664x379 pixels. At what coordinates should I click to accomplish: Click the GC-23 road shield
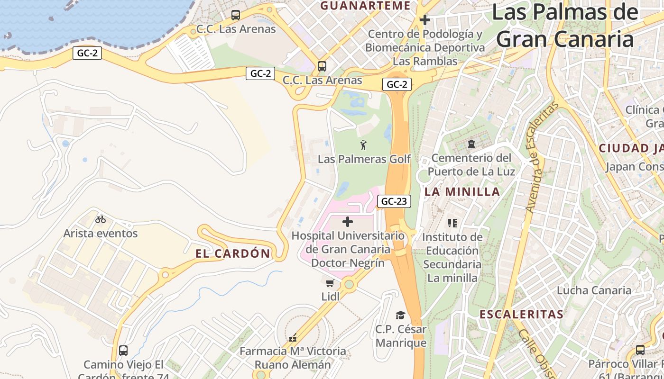(x=394, y=201)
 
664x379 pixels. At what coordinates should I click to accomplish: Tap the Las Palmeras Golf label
(x=364, y=159)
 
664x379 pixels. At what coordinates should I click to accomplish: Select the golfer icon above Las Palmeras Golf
(x=364, y=145)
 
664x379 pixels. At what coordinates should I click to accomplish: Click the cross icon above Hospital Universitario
(x=348, y=221)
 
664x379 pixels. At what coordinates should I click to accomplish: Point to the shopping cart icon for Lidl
(x=330, y=283)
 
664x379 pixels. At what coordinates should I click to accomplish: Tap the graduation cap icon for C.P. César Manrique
(x=401, y=315)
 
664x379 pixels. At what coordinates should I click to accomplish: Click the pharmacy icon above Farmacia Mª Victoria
(x=293, y=338)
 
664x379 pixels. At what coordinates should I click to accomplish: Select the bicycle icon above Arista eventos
(x=101, y=219)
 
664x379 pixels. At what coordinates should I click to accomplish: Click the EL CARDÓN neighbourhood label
(x=233, y=253)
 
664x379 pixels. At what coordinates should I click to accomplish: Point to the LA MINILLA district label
(x=462, y=191)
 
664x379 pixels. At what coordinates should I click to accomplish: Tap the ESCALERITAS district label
(x=521, y=314)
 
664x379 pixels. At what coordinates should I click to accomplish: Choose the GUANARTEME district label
(x=365, y=6)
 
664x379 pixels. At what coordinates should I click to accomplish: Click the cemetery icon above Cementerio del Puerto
(x=471, y=144)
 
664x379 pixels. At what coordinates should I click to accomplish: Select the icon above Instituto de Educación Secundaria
(x=452, y=223)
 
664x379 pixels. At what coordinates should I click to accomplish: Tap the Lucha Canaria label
(x=594, y=290)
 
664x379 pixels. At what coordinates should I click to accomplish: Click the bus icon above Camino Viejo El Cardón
(x=123, y=351)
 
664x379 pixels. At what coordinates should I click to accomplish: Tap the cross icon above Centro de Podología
(x=425, y=20)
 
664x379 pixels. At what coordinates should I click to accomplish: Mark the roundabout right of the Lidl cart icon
(x=350, y=284)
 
